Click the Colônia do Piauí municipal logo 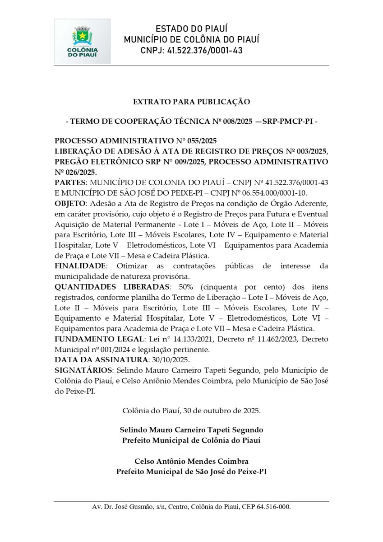[82, 41]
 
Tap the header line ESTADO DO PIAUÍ [191, 29]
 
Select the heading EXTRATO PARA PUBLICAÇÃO [191, 102]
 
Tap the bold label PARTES [70, 182]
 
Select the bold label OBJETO [71, 203]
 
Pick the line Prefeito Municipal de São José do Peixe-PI [191, 472]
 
